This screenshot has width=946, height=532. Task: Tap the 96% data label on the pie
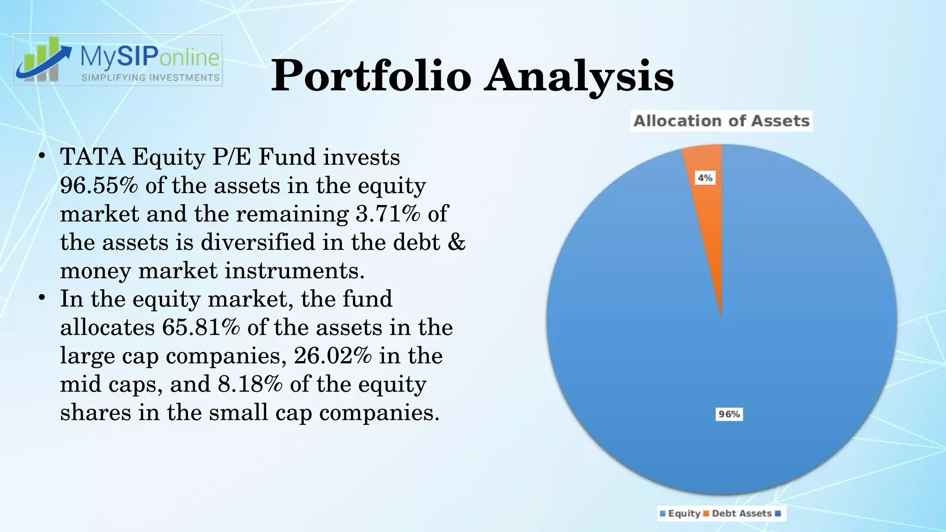pos(729,414)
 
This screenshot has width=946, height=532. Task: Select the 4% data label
pos(705,178)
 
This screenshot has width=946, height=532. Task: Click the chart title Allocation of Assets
pos(721,121)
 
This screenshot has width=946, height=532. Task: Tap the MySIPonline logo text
pos(150,57)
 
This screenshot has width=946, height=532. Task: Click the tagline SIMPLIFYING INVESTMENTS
pos(150,78)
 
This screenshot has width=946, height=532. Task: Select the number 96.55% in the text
pos(99,186)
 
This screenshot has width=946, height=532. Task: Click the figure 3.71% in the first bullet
pos(388,214)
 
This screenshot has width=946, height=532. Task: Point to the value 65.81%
pos(201,327)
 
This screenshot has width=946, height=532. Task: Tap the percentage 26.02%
pos(333,356)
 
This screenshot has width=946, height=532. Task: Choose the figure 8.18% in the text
pos(250,384)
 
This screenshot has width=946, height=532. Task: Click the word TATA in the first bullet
pos(92,157)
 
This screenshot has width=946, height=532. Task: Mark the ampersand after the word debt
pos(456,242)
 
